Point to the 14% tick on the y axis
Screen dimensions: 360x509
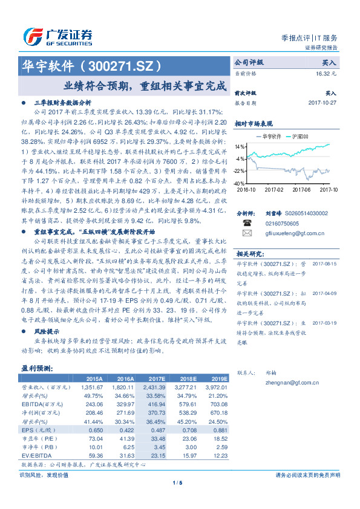tap(240, 146)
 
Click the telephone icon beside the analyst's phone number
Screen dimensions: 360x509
tap(247, 222)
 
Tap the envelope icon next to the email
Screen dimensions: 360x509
tap(247, 233)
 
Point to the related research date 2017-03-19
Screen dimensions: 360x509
tap(325, 323)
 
